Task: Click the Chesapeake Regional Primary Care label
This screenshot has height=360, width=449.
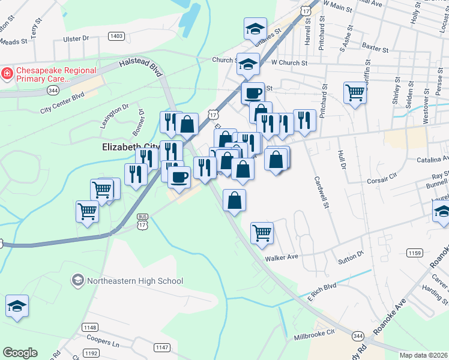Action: point(56,74)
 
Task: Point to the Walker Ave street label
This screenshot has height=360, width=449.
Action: point(282,257)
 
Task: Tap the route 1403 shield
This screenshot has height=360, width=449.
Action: point(116,37)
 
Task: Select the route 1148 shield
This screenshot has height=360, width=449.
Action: point(90,327)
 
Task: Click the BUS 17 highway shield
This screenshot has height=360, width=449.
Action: point(142,221)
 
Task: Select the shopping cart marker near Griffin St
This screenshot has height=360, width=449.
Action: point(355,92)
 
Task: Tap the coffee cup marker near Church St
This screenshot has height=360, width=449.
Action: point(253,92)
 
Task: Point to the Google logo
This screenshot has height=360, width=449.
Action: point(20,353)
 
